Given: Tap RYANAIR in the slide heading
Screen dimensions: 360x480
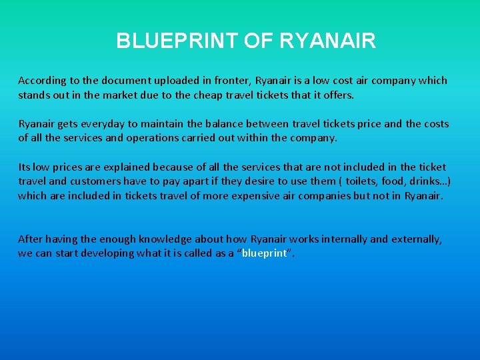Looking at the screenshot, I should [x=328, y=41].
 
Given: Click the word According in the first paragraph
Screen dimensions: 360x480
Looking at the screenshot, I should [x=42, y=81].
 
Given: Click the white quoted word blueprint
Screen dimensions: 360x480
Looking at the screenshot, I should [x=265, y=253].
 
